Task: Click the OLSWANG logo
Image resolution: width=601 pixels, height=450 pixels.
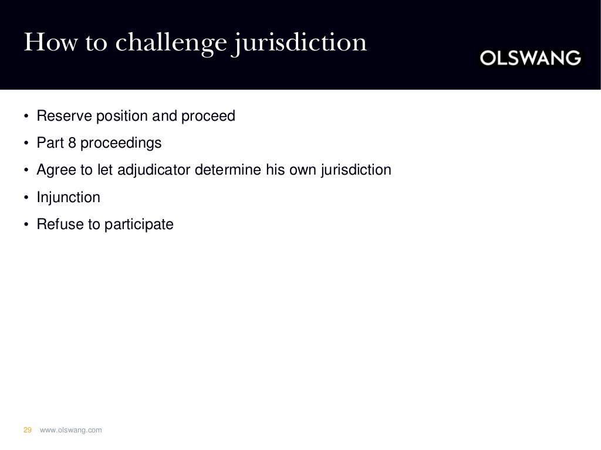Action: click(531, 58)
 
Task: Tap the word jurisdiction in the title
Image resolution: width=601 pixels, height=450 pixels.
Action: click(299, 43)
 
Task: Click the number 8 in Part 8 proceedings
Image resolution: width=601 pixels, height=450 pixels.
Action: click(80, 143)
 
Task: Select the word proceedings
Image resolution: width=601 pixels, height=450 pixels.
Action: click(125, 143)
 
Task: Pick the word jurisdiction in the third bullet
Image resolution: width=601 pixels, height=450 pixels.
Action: click(357, 170)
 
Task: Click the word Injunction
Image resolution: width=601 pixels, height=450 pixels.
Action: click(68, 197)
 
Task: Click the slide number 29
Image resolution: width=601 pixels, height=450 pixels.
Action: click(27, 430)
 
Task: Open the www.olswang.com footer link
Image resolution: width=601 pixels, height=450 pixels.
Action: click(70, 430)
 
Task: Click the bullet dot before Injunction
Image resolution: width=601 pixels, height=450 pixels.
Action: click(26, 198)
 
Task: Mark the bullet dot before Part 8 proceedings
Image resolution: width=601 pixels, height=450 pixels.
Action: click(26, 144)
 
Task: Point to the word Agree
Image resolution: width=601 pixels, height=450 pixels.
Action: click(53, 170)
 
